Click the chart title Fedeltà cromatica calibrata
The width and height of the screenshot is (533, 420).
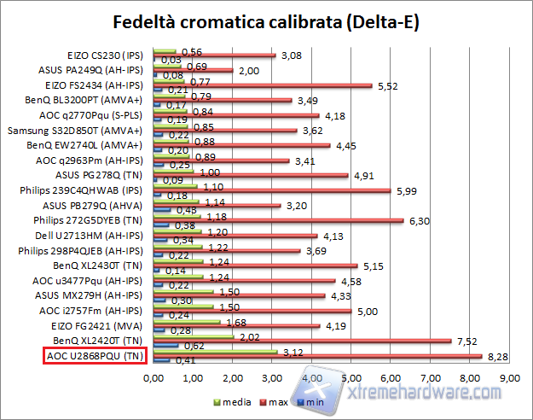265,20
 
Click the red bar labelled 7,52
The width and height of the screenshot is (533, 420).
302,340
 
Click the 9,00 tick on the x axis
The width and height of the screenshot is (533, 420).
508,377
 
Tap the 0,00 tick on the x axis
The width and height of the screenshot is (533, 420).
154,377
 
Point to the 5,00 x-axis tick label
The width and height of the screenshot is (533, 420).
351,377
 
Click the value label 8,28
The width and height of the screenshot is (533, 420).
497,356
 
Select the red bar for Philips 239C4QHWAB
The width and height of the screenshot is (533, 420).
272,190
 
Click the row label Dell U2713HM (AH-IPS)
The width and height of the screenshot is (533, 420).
96,236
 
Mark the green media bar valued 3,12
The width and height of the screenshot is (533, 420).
215,351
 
